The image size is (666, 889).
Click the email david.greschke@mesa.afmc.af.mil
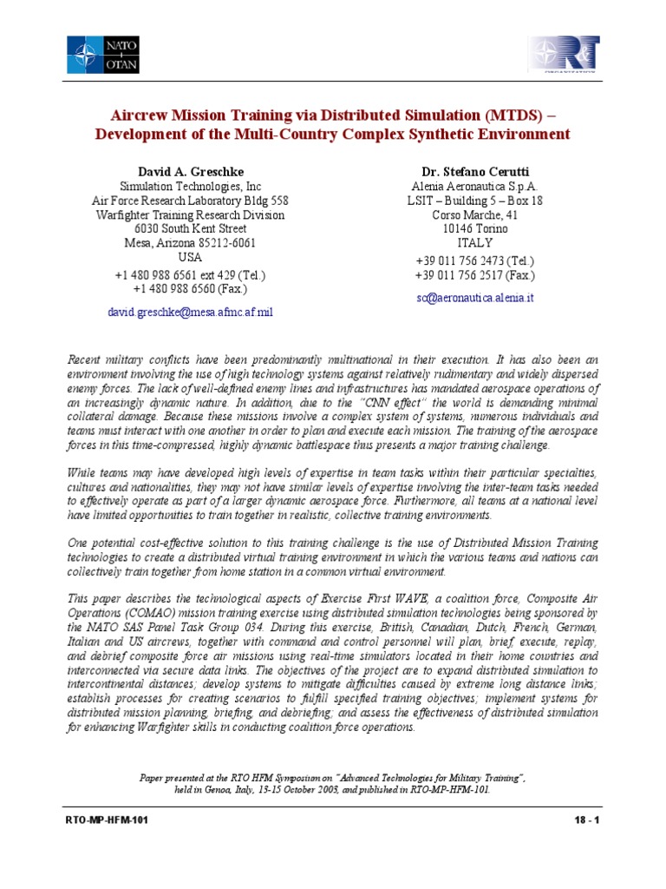(190, 311)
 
